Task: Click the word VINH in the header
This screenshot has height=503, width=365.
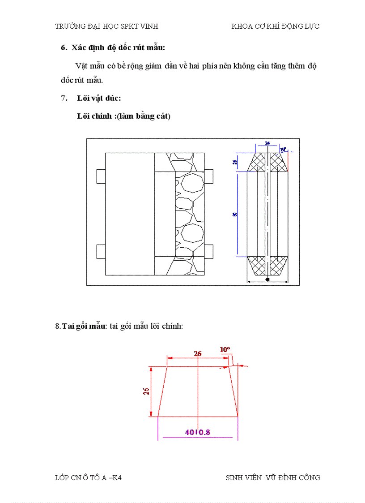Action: (149, 26)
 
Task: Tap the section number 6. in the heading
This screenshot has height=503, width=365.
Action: (64, 47)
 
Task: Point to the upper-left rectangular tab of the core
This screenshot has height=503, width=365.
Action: (101, 176)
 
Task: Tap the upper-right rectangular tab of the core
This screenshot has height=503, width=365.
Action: (209, 176)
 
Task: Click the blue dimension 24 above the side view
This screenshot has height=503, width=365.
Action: (267, 143)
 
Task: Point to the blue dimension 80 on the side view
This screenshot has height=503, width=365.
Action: (235, 215)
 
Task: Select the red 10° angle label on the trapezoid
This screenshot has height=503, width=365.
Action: (225, 349)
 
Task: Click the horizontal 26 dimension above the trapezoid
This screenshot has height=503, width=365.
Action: (198, 353)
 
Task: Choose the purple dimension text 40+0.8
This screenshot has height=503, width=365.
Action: (198, 432)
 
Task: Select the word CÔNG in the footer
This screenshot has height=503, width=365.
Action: (309, 477)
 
